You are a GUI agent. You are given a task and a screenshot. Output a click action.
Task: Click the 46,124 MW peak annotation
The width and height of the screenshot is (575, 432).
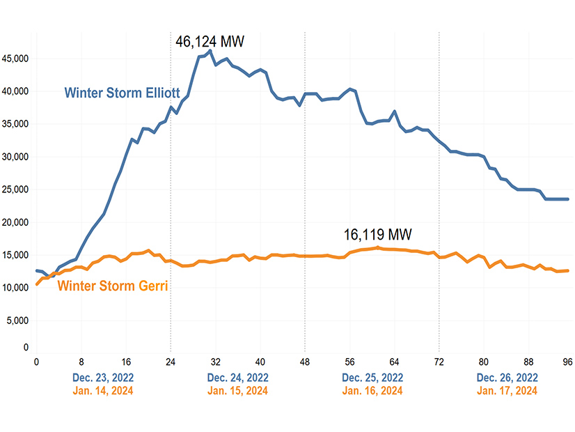(x=210, y=42)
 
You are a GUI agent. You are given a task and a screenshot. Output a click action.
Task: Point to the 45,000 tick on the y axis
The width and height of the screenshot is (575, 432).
(x=15, y=59)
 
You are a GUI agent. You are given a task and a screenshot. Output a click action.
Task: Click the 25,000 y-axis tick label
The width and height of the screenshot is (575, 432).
(x=15, y=190)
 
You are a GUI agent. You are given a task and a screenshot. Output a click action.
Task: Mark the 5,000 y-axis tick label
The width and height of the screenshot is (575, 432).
(x=17, y=321)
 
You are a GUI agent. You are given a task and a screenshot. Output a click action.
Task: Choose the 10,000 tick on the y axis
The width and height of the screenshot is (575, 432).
(x=15, y=288)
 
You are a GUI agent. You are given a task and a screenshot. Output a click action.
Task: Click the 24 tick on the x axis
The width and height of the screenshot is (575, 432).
(x=171, y=362)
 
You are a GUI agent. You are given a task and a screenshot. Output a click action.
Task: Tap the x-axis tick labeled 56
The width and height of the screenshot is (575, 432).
(x=349, y=362)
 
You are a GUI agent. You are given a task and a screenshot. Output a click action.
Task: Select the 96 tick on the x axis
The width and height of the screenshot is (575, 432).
(x=568, y=362)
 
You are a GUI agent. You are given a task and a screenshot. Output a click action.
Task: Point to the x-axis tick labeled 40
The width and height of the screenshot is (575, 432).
(x=260, y=362)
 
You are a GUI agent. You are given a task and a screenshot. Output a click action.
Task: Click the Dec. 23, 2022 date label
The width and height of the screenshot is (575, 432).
(x=103, y=378)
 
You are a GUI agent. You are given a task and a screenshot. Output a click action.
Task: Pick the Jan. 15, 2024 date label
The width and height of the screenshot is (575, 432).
(x=237, y=391)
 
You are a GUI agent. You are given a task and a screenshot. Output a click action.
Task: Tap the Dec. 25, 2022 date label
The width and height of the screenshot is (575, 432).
(x=372, y=378)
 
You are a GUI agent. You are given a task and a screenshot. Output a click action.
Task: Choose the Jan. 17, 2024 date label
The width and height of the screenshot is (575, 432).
(x=507, y=391)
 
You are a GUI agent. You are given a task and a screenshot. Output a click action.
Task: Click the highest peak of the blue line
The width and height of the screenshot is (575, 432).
(x=210, y=50)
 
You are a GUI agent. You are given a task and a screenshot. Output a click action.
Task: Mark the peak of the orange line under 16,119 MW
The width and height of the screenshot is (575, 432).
(x=378, y=247)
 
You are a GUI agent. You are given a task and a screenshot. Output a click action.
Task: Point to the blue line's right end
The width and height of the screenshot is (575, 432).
(x=568, y=199)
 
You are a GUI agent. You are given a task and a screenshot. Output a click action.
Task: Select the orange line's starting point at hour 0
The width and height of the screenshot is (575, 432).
(x=37, y=284)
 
